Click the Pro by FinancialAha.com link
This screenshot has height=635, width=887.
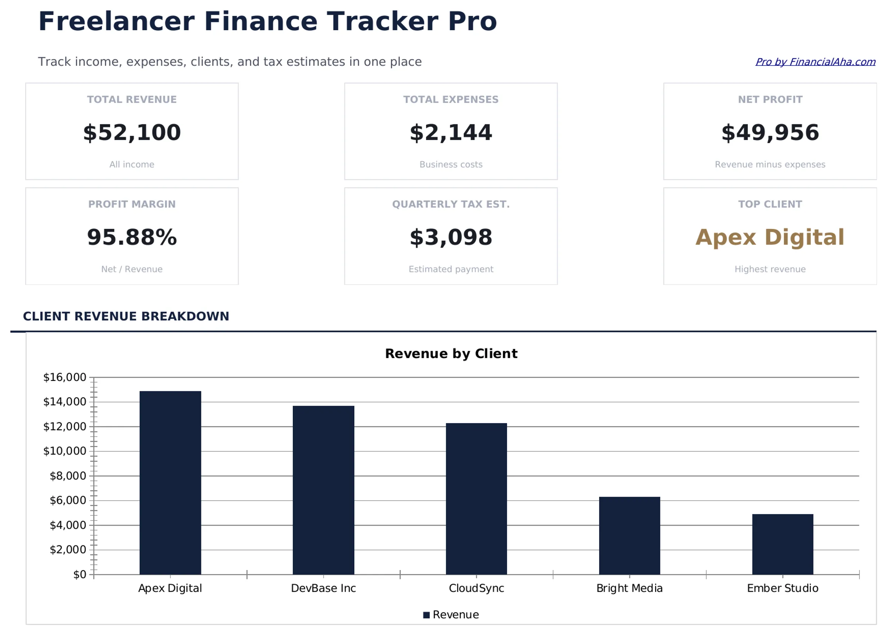click(815, 62)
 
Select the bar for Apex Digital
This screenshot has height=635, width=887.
click(170, 483)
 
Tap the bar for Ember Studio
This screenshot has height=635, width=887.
click(782, 544)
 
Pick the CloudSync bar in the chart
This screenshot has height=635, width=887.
click(476, 499)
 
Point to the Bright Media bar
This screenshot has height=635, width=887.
click(629, 535)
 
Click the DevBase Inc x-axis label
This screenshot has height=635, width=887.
click(323, 588)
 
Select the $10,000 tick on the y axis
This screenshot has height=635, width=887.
click(65, 451)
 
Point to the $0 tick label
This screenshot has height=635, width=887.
click(79, 574)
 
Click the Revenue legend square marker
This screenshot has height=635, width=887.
click(426, 615)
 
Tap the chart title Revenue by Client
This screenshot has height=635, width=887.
click(451, 354)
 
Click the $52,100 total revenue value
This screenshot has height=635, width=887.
click(132, 133)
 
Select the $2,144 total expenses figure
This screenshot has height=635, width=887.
click(451, 133)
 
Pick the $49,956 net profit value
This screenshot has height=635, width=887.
click(770, 133)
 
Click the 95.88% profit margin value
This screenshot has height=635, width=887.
click(132, 237)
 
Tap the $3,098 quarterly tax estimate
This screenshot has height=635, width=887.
click(451, 237)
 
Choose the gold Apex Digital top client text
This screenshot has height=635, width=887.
click(770, 237)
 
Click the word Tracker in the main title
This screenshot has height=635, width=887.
click(382, 21)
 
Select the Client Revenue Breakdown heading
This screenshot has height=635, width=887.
click(126, 316)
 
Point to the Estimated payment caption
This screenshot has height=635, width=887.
click(451, 269)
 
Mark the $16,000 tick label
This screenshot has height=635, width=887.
click(65, 377)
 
